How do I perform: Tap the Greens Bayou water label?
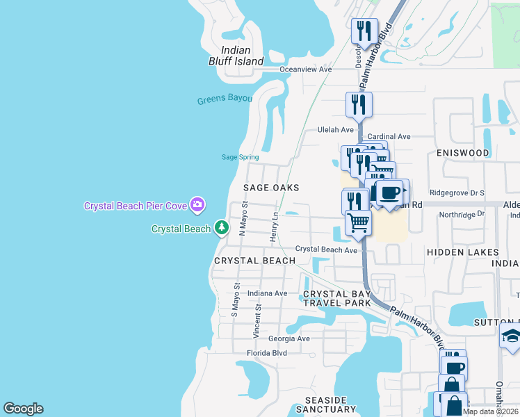click(224, 99)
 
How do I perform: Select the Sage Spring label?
click(240, 157)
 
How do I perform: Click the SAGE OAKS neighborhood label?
click(271, 188)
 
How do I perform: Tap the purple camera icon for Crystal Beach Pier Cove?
click(197, 204)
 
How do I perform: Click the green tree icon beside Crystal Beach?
click(221, 228)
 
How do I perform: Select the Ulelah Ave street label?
click(336, 129)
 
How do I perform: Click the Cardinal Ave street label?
click(389, 136)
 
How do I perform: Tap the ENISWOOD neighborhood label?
click(463, 152)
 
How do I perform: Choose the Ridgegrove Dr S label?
click(457, 192)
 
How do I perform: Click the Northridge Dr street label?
click(462, 215)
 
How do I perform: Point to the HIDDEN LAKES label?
click(462, 252)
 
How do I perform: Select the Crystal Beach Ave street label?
click(326, 249)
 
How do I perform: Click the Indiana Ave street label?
click(262, 293)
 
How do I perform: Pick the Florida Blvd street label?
click(267, 353)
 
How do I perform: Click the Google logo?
click(23, 409)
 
